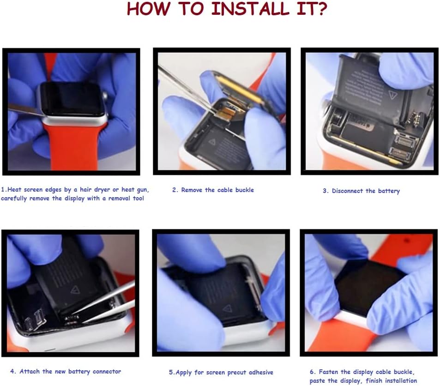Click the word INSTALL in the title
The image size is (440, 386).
[250, 8]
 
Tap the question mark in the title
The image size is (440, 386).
[320, 8]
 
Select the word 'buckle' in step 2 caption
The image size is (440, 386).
[244, 190]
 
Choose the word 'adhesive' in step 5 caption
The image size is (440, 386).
[261, 372]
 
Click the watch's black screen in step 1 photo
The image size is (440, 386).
[71, 99]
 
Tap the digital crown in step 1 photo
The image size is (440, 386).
[105, 96]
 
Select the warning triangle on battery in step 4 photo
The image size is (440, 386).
[75, 289]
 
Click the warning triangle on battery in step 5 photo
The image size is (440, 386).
[227, 309]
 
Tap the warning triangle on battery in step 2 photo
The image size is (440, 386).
[212, 142]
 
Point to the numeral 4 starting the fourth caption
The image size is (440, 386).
[12, 371]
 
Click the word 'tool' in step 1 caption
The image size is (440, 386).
[139, 199]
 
